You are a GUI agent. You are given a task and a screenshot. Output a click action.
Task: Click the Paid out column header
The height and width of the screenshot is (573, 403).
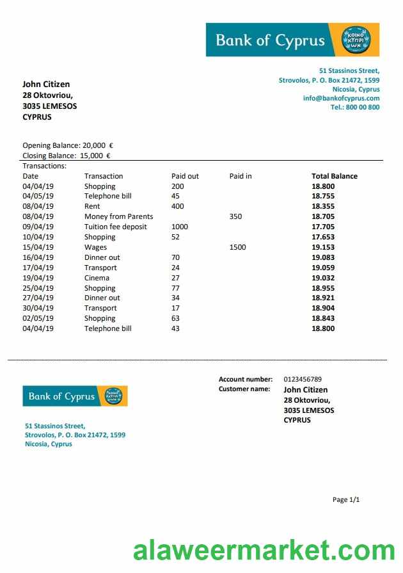point(185,176)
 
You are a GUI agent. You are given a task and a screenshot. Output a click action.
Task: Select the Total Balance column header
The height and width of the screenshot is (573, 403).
point(334,176)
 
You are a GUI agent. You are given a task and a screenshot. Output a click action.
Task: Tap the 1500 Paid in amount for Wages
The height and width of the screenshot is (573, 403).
point(237,247)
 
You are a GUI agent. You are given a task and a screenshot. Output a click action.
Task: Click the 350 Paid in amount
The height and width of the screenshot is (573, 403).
point(235,216)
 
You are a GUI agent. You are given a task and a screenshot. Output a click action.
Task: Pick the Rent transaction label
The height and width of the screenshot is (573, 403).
point(92,206)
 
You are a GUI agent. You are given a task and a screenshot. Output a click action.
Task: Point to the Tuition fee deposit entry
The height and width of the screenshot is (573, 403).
point(115,227)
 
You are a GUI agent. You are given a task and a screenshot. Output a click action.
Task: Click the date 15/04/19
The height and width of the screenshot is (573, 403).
point(38,247)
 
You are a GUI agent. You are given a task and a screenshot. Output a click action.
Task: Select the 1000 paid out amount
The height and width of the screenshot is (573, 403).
point(180,227)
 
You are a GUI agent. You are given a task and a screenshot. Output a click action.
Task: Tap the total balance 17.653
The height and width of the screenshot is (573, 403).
point(323,237)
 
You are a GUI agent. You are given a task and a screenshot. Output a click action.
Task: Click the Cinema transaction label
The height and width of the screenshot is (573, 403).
point(97,278)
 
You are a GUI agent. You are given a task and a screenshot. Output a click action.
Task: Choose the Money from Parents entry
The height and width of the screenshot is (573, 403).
point(118,216)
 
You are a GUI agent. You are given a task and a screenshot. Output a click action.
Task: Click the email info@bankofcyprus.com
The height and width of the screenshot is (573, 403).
point(341,99)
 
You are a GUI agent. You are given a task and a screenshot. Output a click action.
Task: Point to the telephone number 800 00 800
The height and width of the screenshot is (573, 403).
point(362,108)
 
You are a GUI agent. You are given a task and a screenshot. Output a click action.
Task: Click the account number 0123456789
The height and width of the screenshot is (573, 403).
point(303,379)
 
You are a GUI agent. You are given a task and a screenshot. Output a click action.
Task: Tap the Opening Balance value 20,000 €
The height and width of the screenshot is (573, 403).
point(98,145)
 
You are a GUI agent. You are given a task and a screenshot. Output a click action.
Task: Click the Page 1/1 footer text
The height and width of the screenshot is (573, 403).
point(346,499)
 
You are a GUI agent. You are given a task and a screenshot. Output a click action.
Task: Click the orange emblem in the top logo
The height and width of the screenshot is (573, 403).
point(356,40)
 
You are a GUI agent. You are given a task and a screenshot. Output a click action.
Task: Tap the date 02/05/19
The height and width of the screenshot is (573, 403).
point(38,318)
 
